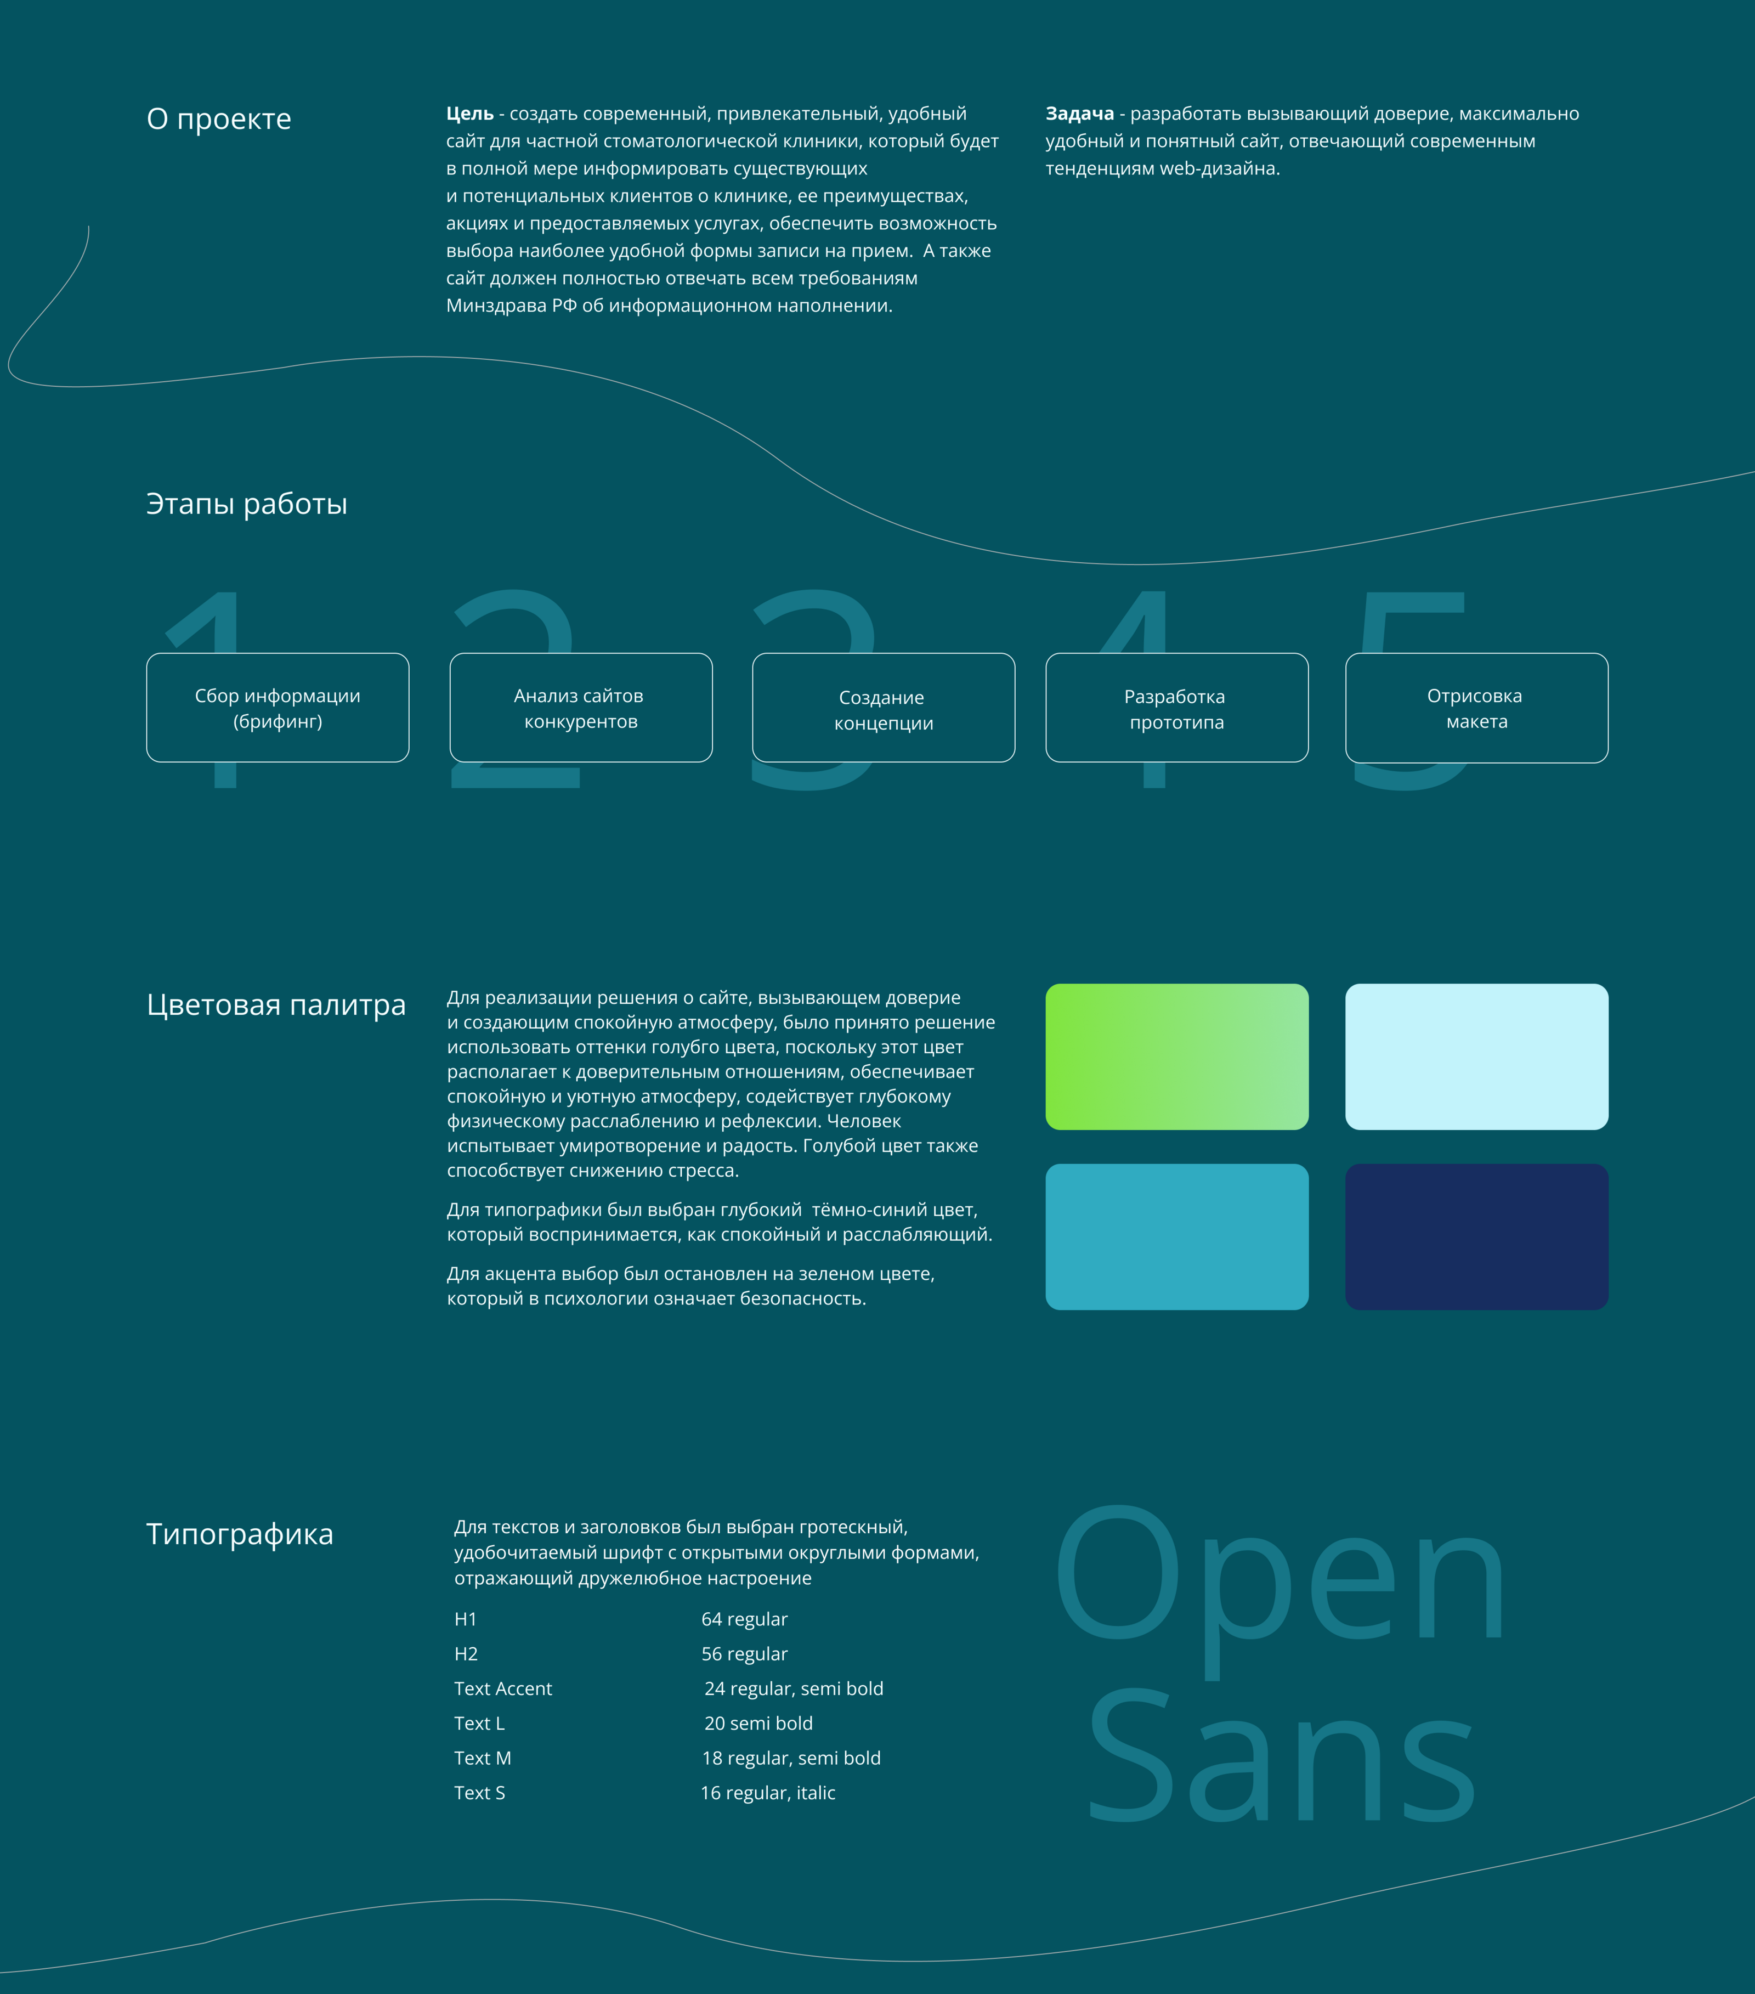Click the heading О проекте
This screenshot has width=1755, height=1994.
pos(218,119)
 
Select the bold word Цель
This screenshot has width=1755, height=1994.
pos(469,114)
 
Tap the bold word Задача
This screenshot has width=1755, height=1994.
pos(1079,114)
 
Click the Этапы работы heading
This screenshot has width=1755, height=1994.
pos(247,504)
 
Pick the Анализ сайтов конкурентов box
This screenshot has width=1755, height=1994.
pos(580,708)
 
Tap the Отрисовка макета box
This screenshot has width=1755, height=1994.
pos(1476,708)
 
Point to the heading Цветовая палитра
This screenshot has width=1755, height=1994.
pos(276,1005)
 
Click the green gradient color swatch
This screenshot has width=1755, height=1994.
pos(1176,1057)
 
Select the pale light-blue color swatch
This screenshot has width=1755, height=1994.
pos(1476,1057)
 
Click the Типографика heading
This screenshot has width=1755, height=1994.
pos(240,1534)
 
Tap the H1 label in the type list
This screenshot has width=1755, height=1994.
pos(465,1619)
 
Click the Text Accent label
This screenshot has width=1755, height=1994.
pos(502,1688)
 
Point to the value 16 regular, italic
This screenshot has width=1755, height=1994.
pos(768,1793)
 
